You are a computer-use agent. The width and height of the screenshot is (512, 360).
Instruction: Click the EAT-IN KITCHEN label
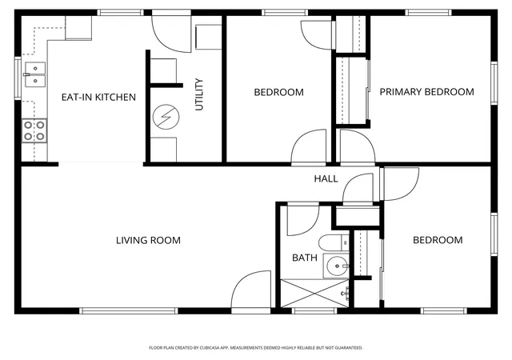[98, 97]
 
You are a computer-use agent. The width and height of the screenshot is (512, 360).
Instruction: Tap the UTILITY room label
[199, 94]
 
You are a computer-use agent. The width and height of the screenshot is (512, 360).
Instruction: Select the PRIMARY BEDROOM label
[426, 92]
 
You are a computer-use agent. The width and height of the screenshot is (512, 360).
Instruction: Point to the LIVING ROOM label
[148, 241]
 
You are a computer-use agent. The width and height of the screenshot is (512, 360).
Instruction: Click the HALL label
[326, 178]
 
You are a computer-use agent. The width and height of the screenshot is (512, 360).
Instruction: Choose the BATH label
[305, 258]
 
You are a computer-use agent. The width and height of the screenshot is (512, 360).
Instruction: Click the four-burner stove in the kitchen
[34, 130]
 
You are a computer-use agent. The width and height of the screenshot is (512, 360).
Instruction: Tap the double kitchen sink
[34, 74]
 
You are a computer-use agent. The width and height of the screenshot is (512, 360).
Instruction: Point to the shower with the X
[314, 293]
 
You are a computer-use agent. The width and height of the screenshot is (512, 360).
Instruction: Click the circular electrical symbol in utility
[166, 117]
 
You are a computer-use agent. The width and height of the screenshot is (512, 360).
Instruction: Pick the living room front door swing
[250, 290]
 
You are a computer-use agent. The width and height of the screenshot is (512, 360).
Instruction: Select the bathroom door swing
[302, 219]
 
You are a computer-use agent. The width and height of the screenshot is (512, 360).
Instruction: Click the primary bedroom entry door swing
[358, 146]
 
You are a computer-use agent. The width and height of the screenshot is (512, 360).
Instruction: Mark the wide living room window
[129, 311]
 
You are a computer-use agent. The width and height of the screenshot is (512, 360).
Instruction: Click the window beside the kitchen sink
[18, 78]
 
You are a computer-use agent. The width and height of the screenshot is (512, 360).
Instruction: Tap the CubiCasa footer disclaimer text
[256, 348]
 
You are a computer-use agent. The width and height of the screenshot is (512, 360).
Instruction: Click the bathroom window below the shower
[314, 311]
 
